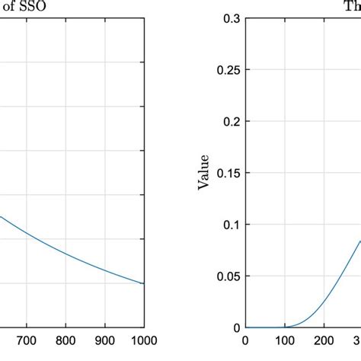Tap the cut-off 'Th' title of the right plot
point(353,5)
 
